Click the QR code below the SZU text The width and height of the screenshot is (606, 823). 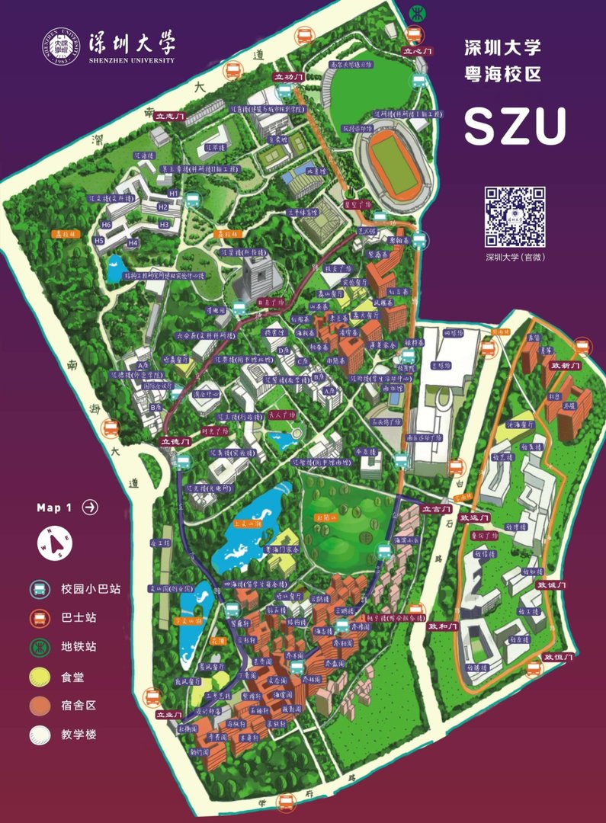click(x=516, y=216)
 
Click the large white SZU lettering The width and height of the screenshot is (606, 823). click(x=515, y=126)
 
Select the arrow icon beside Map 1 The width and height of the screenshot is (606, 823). click(x=90, y=508)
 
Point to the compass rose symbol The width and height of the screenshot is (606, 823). click(x=51, y=544)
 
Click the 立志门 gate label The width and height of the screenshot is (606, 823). click(x=169, y=117)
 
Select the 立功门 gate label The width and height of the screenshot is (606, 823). click(x=289, y=77)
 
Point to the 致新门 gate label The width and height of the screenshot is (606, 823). click(x=566, y=366)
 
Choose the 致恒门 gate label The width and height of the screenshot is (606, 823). click(x=557, y=656)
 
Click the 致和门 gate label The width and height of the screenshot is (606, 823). click(x=441, y=626)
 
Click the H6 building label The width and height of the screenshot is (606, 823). click(x=107, y=225)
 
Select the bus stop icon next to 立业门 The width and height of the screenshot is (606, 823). click(x=152, y=697)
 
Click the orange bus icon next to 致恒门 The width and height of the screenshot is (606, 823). click(x=534, y=668)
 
